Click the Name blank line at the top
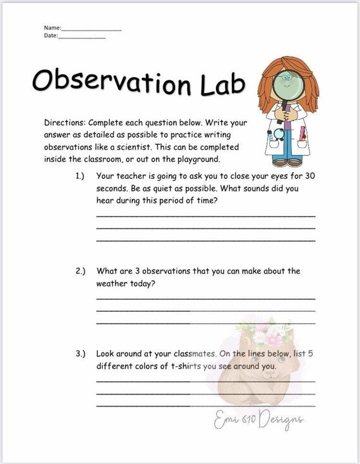click(x=91, y=30)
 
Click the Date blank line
click(x=82, y=37)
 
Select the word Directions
click(x=64, y=123)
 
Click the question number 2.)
click(x=80, y=271)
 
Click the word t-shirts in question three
click(x=176, y=366)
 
